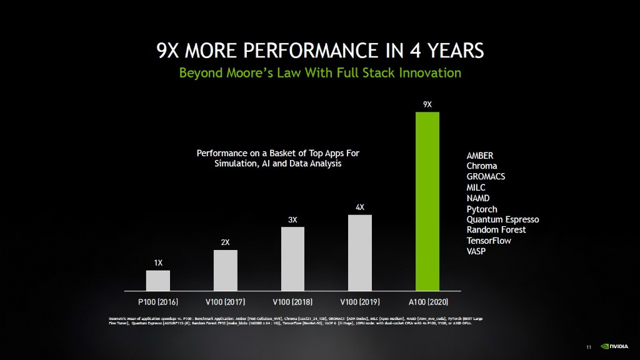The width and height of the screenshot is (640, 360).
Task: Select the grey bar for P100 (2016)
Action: click(x=158, y=281)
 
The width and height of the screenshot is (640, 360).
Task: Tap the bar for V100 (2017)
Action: click(x=225, y=270)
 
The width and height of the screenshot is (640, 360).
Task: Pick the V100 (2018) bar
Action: click(x=292, y=259)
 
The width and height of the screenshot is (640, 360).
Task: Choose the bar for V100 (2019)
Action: click(x=360, y=252)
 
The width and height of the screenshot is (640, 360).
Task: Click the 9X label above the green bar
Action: click(x=427, y=104)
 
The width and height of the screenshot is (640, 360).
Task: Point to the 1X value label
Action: click(x=158, y=262)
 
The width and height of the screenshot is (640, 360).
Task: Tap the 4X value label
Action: click(x=360, y=207)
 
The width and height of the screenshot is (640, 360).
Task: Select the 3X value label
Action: click(x=292, y=219)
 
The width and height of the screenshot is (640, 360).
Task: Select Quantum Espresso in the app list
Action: click(x=502, y=219)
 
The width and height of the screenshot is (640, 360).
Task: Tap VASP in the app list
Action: click(x=476, y=251)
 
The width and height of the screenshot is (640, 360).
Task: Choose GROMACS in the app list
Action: click(x=486, y=177)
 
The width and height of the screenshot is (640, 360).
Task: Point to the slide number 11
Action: click(x=589, y=347)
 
